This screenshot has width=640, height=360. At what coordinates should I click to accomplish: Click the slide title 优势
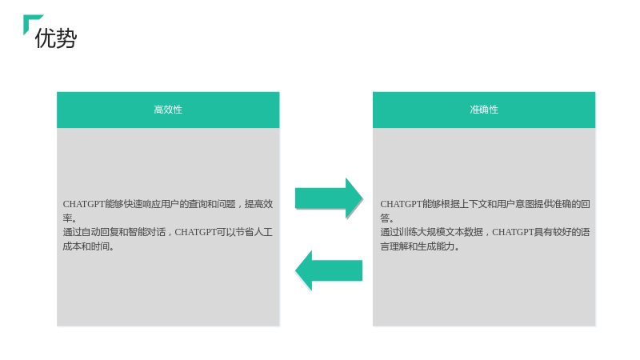point(56,38)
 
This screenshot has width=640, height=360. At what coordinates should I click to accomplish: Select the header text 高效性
point(168,110)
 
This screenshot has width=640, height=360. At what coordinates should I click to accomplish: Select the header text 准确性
point(484,110)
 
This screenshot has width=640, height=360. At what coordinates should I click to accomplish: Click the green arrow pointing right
point(329,198)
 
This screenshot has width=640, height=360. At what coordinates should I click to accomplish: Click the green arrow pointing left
point(329,270)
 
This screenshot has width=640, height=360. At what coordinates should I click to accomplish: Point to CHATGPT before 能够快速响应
point(84,204)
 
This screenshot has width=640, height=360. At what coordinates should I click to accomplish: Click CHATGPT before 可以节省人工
point(195,232)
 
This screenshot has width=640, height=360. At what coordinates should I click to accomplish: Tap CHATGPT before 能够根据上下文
point(402,204)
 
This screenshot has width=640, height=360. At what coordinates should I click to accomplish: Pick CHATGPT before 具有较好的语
point(513,232)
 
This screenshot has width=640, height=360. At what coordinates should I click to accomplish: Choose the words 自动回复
point(100,232)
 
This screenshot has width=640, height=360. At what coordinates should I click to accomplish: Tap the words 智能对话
point(146,232)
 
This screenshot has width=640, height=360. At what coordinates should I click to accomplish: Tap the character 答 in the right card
point(385,218)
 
